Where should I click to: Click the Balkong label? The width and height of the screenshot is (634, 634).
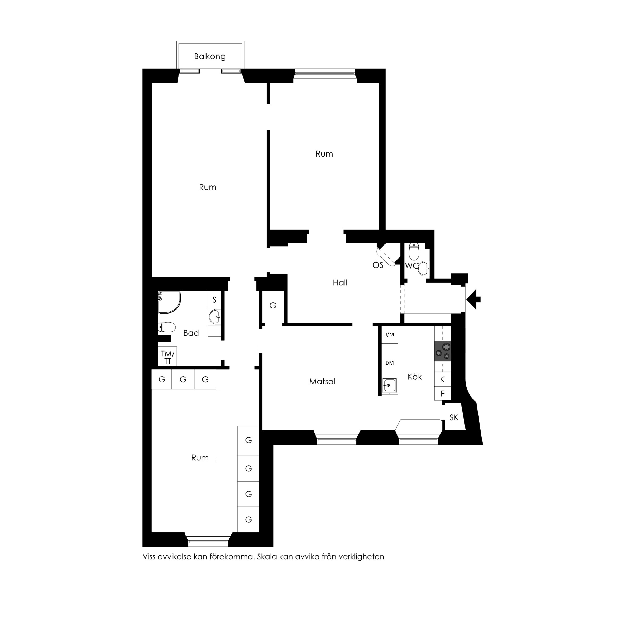pos(210,56)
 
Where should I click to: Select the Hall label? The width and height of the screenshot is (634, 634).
pos(340,282)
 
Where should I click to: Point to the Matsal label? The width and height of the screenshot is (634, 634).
pos(322,382)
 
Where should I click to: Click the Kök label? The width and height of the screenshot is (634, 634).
pos(415,377)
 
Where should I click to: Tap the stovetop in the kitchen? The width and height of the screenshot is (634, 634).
pos(442,351)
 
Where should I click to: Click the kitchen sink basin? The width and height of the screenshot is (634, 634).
pos(389,385)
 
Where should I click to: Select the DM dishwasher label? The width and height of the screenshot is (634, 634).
pos(390,363)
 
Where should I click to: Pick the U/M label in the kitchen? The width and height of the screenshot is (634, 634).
pos(388,335)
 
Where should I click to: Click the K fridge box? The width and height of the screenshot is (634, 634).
pos(442,379)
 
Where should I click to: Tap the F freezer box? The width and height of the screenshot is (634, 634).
pos(442,394)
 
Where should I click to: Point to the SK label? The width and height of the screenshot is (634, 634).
pos(454,417)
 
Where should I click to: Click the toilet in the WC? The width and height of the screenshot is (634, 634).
pos(414,252)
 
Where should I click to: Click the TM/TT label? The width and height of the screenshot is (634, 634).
pos(167,357)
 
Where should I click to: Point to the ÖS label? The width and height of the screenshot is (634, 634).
pos(378,265)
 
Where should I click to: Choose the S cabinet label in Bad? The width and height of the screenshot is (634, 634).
pos(214,300)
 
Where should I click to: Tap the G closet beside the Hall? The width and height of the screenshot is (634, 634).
pos(273,306)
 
